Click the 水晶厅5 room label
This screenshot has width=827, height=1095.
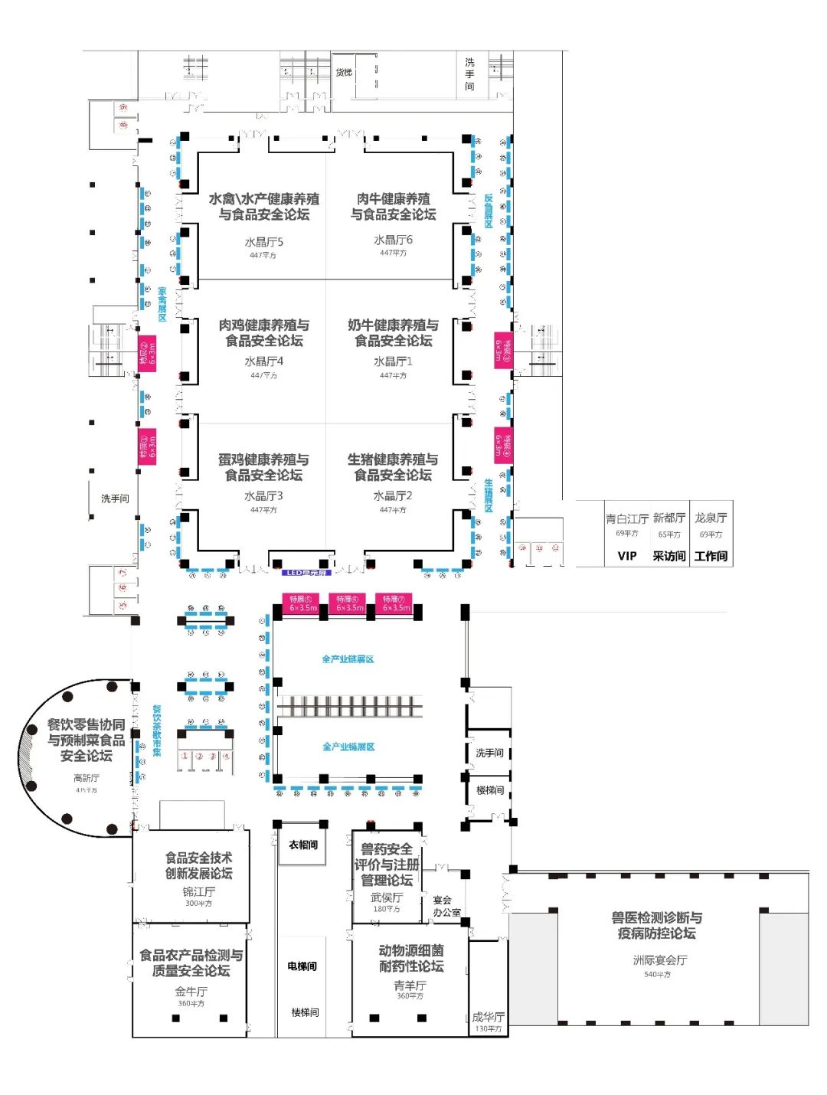pos(263,242)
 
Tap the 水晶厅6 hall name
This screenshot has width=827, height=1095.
pos(393,240)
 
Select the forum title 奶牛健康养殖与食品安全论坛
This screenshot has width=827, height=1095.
pos(393,332)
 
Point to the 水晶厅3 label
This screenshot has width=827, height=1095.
pos(263,495)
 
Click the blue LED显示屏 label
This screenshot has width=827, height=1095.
pos(306,573)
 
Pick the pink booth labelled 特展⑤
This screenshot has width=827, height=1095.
pos(302,603)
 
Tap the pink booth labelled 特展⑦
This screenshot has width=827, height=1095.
pos(396,603)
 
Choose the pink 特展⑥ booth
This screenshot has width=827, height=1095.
pos(349,603)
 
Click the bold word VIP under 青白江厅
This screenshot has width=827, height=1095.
pos(626,556)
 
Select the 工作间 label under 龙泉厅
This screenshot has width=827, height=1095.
pos(711,556)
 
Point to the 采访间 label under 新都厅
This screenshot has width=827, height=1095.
pos(668,556)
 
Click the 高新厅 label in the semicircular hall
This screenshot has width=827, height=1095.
pos(87,778)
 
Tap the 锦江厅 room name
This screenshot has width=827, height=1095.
pos(198,892)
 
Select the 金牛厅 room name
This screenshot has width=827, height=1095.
pos(191,991)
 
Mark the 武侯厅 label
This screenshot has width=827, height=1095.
pos(387,897)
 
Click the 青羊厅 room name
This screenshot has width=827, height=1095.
pos(410,985)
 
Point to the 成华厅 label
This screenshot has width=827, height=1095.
pos(488,1017)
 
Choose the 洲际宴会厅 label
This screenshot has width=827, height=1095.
pos(659,960)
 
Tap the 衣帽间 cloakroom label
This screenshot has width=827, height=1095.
pos(303,845)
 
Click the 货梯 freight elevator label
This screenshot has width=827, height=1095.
pos(344,72)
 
